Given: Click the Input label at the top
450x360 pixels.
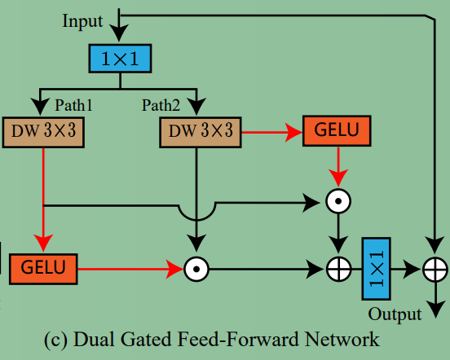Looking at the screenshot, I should [83, 20].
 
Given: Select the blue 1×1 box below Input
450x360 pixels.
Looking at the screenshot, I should [121, 58].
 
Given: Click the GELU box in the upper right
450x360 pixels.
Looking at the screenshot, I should [336, 130].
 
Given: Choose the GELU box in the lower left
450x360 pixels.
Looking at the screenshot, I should [43, 267].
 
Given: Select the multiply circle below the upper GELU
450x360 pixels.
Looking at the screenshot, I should [336, 200].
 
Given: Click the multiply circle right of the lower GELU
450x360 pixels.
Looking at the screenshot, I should [196, 267].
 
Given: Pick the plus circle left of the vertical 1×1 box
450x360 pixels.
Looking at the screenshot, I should [336, 267].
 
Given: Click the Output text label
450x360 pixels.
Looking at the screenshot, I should [395, 314].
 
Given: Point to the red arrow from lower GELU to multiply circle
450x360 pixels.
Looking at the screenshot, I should [130, 267].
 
